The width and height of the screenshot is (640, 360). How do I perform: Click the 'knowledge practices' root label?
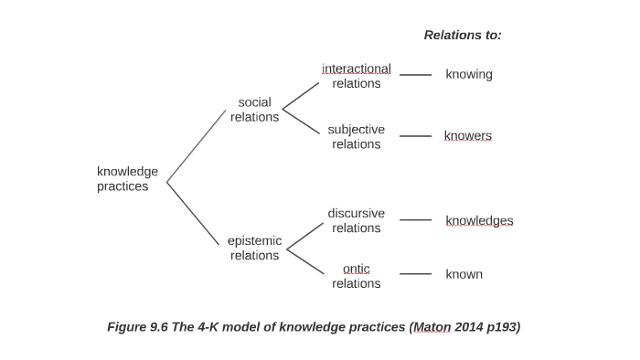pos(127,178)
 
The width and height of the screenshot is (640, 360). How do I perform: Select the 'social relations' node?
pos(254,110)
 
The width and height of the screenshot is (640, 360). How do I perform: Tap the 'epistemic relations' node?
pos(254,248)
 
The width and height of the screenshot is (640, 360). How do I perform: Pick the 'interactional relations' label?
pos(356,76)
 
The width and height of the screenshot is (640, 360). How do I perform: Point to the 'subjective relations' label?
pos(356,136)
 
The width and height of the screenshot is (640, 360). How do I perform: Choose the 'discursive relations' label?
pos(356,220)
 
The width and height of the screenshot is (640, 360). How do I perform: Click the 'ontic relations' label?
pos(356,276)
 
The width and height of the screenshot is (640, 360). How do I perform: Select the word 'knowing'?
pos(468,74)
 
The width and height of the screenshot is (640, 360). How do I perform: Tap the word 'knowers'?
pos(467,136)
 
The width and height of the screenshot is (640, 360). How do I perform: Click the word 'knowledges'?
pos(479,220)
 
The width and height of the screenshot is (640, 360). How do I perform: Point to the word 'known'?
pos(464,274)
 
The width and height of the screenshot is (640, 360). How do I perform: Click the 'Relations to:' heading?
pos(463,35)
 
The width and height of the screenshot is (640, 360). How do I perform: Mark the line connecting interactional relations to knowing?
pos(415,75)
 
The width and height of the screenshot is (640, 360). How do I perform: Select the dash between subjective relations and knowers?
pos(415,136)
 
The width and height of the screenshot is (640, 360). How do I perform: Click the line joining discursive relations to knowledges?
pos(415,220)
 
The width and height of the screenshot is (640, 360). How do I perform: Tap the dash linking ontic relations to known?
pos(415,274)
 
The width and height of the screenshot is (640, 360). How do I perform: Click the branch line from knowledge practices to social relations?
pos(196,146)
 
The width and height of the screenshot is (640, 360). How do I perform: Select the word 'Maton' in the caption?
pos(432,327)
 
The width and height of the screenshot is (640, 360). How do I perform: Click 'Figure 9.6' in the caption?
pos(137,327)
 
